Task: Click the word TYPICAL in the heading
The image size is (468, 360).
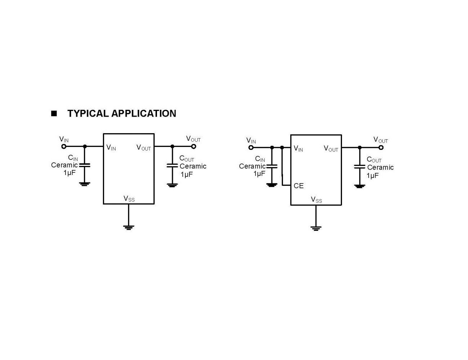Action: click(88, 113)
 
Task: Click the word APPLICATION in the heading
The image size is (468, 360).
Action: click(144, 113)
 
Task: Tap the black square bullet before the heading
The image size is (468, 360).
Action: click(54, 114)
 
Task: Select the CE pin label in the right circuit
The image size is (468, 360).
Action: click(298, 186)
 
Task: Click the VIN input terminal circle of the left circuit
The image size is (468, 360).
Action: click(64, 146)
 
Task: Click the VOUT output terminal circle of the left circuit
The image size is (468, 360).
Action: click(194, 146)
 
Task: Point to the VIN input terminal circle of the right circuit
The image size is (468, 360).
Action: click(251, 147)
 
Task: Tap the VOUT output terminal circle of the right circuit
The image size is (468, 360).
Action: click(381, 147)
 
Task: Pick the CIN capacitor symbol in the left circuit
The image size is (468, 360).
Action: click(85, 165)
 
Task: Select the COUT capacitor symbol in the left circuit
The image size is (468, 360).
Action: click(172, 166)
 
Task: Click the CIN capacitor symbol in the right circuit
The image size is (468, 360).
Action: click(272, 166)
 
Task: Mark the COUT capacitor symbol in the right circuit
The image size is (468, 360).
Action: click(360, 167)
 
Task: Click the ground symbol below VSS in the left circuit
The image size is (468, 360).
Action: click(129, 227)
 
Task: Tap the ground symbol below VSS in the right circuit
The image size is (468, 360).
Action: click(316, 228)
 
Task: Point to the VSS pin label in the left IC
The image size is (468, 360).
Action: click(129, 199)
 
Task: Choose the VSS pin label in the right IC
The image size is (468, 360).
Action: click(316, 200)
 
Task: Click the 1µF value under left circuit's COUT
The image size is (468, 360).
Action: click(186, 175)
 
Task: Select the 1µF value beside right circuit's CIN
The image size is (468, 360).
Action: click(259, 174)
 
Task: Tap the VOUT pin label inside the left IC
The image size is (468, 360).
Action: click(144, 148)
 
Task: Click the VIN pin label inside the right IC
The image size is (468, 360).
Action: click(298, 149)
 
